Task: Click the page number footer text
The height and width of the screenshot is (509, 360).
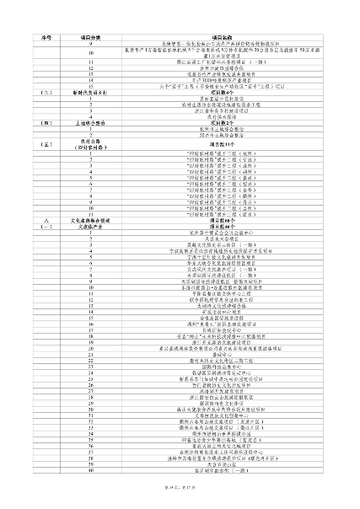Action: (x=180, y=501)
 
